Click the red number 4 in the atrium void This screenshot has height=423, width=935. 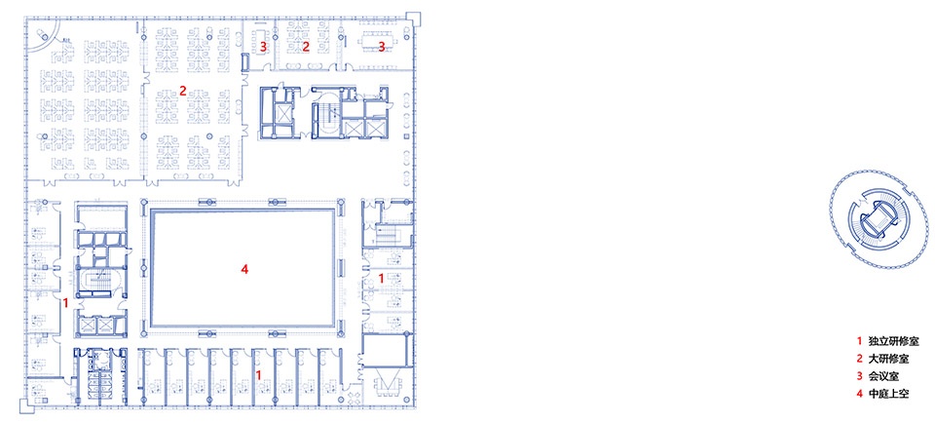tap(243, 270)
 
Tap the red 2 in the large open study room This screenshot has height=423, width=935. tap(182, 92)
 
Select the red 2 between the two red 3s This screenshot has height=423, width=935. tap(306, 47)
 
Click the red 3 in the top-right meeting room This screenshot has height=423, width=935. tap(382, 47)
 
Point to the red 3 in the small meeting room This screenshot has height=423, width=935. tap(263, 47)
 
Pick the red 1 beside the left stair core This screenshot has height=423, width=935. tap(65, 303)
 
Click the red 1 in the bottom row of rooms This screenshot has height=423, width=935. tap(258, 374)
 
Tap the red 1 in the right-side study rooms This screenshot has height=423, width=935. tap(382, 278)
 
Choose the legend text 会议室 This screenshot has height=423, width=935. tap(880, 376)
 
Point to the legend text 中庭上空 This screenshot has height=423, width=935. tap(885, 393)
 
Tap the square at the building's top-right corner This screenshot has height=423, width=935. tap(414, 19)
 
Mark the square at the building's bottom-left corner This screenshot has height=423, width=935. tap(27, 406)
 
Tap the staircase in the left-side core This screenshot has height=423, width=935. tap(99, 283)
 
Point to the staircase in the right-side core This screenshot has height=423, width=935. tap(391, 233)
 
